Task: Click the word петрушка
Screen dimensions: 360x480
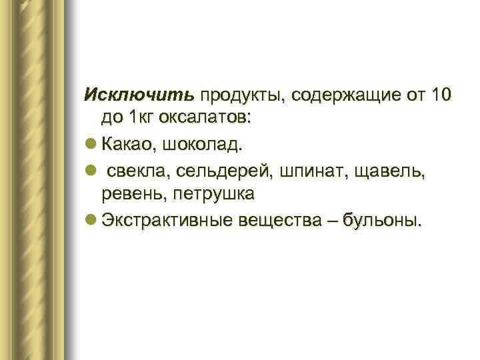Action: (x=213, y=193)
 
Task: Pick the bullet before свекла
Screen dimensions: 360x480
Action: (x=91, y=170)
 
